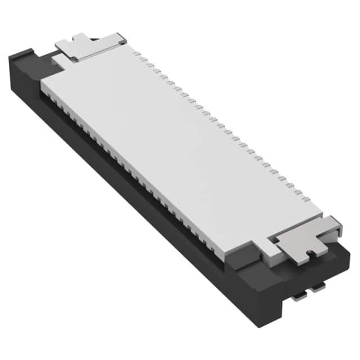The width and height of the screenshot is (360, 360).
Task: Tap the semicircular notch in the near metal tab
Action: tap(309, 255)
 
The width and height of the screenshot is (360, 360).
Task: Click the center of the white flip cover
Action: tap(180, 149)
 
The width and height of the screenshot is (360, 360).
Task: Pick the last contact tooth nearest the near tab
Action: tap(307, 198)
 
